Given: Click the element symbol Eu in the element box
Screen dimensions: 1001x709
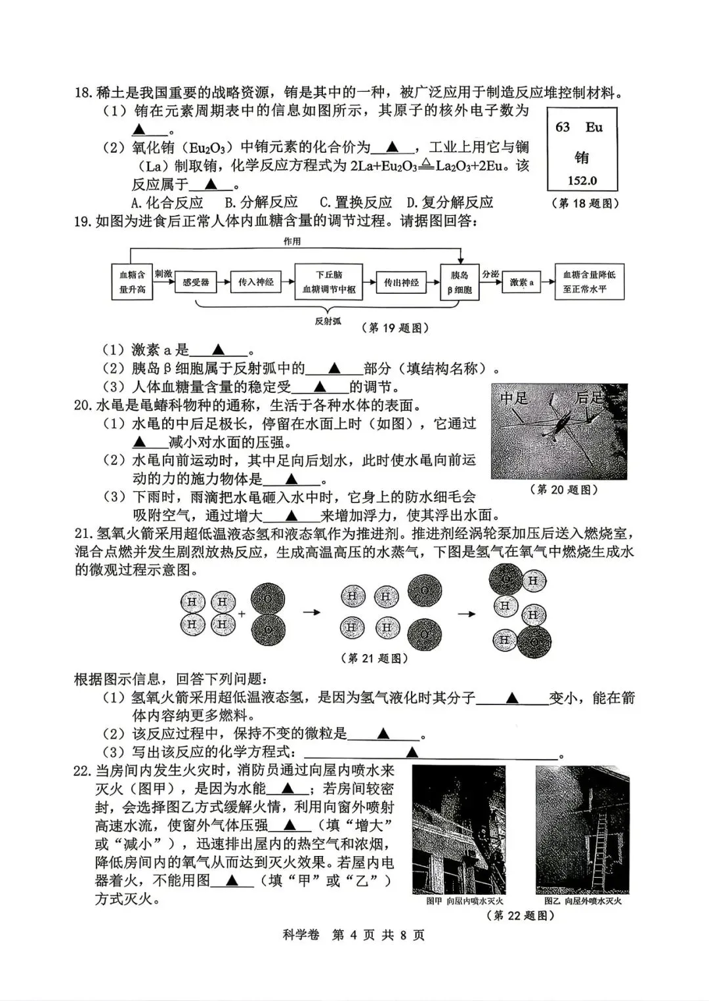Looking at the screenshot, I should pyautogui.click(x=594, y=127).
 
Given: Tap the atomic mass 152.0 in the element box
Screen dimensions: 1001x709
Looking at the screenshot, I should pyautogui.click(x=582, y=181).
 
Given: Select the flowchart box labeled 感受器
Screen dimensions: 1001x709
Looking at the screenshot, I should pyautogui.click(x=196, y=282).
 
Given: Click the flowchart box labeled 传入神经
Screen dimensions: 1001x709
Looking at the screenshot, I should pyautogui.click(x=255, y=282).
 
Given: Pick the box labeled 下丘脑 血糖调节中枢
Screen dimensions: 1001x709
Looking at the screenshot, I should pyautogui.click(x=329, y=282).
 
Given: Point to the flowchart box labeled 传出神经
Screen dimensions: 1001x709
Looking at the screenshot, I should pyautogui.click(x=401, y=282).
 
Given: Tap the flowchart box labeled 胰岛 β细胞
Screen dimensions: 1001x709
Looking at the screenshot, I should pyautogui.click(x=460, y=282).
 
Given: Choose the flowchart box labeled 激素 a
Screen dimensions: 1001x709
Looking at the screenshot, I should pyautogui.click(x=522, y=282).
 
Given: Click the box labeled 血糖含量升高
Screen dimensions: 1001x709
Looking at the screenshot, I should pyautogui.click(x=132, y=282).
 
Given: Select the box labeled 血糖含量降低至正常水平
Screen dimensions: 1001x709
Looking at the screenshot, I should pyautogui.click(x=589, y=282).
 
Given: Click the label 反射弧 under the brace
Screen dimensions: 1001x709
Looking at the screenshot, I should pyautogui.click(x=328, y=321).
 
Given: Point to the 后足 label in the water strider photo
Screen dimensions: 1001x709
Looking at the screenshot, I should pyautogui.click(x=589, y=398).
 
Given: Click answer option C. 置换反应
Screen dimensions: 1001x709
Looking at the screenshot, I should pyautogui.click(x=355, y=203).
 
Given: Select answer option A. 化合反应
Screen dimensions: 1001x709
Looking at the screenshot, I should pyautogui.click(x=167, y=203).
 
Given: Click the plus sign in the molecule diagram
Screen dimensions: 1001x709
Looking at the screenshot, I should pyautogui.click(x=242, y=614).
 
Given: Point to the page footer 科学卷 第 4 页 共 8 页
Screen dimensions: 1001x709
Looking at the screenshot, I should pyautogui.click(x=354, y=935).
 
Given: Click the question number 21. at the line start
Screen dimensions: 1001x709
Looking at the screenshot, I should pyautogui.click(x=83, y=534).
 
